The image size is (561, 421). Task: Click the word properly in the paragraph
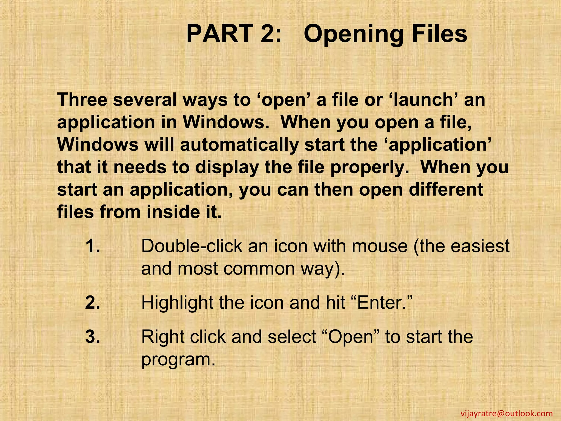pyautogui.click(x=370, y=167)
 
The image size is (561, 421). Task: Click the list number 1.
pyautogui.click(x=92, y=246)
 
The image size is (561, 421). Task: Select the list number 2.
pyautogui.click(x=92, y=303)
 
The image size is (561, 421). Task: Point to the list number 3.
pyautogui.click(x=92, y=337)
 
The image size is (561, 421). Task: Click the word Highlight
pyautogui.click(x=177, y=303)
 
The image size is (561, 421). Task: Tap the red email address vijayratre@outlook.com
pyautogui.click(x=506, y=413)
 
